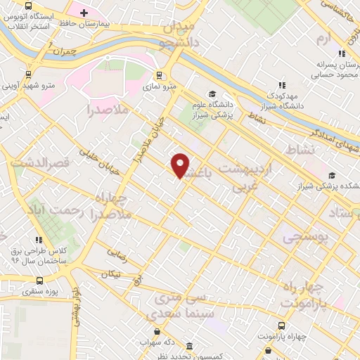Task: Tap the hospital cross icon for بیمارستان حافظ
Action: [x=84, y=12]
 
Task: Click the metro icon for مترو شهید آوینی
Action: [x=28, y=74]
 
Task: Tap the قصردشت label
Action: [x=48, y=163]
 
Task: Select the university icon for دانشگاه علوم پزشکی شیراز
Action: [x=212, y=95]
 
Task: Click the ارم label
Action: [x=323, y=37]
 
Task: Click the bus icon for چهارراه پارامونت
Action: [x=281, y=326]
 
